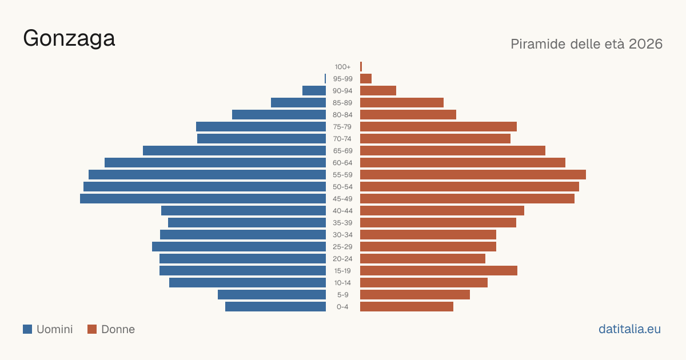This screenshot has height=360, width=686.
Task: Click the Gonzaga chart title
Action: tap(69, 39)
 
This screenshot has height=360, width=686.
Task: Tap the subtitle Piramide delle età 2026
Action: tap(587, 44)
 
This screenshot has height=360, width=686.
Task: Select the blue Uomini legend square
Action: tap(27, 329)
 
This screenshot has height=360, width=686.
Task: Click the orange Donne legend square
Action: tap(92, 329)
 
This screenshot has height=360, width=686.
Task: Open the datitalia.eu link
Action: tap(629, 329)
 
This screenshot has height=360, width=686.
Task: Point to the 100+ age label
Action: tap(342, 67)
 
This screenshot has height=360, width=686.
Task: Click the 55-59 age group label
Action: tap(342, 175)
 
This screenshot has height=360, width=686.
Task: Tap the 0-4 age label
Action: tap(342, 307)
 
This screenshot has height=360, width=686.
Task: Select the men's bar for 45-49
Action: tap(203, 199)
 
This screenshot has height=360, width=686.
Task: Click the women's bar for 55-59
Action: tap(473, 175)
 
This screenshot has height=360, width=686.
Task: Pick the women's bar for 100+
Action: tap(361, 67)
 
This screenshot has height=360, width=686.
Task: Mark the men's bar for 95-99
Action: tap(325, 79)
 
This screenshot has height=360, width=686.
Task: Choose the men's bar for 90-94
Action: tap(314, 91)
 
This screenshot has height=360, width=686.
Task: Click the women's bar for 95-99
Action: tap(366, 79)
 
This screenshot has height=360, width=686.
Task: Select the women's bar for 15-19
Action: tap(438, 271)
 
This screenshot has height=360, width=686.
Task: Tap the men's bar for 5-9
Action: tap(272, 295)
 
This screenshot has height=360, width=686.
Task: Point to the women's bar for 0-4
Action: tap(406, 307)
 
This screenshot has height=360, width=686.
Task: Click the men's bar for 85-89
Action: tap(298, 102)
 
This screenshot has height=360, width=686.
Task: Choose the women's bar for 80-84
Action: tap(408, 115)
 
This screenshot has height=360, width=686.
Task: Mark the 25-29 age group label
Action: tap(342, 247)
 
